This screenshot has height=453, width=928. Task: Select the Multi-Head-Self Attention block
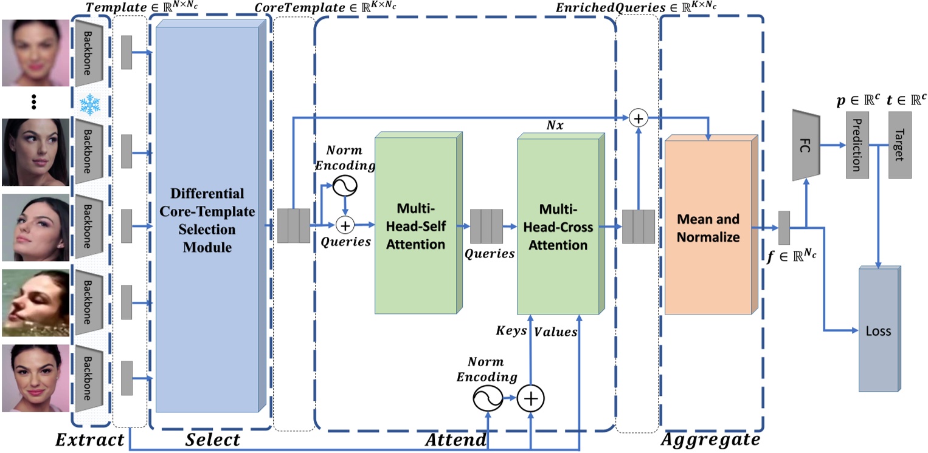(415, 225)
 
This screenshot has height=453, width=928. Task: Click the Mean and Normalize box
(708, 227)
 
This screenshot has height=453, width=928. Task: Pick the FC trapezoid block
(806, 145)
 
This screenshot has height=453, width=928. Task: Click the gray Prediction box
(854, 146)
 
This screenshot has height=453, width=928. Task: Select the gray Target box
(898, 146)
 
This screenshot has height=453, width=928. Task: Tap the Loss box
(878, 331)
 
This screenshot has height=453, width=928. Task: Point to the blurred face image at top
(35, 53)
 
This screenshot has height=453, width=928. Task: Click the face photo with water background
(35, 302)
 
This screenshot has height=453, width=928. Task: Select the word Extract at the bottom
(89, 439)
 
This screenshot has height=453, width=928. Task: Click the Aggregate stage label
(710, 438)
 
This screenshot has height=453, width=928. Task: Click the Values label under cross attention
(555, 332)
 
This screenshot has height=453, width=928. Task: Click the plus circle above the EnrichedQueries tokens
(638, 118)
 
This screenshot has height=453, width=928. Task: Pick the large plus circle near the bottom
(531, 398)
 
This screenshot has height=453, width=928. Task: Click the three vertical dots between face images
(35, 101)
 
